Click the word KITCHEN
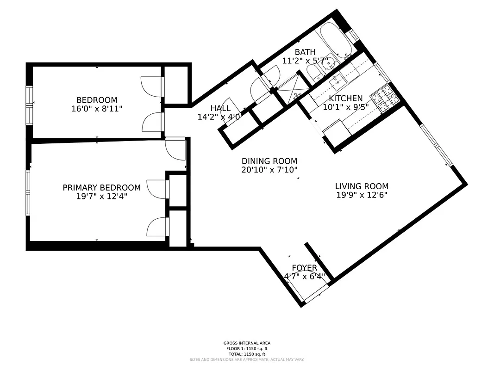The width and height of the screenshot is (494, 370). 346,99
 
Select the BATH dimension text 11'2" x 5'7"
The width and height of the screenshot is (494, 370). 305,61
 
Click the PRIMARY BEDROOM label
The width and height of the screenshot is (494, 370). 101,188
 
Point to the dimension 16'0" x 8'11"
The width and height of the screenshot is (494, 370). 97,108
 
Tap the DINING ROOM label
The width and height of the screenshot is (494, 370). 269,161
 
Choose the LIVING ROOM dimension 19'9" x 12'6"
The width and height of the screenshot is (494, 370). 362,195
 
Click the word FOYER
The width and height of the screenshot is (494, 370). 304,268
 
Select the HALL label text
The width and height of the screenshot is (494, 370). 220,108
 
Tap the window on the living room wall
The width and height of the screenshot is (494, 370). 436,144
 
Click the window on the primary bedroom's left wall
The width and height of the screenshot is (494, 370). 28,193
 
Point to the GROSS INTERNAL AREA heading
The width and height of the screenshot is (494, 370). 247,343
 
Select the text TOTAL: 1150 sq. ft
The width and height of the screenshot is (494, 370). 247,354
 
